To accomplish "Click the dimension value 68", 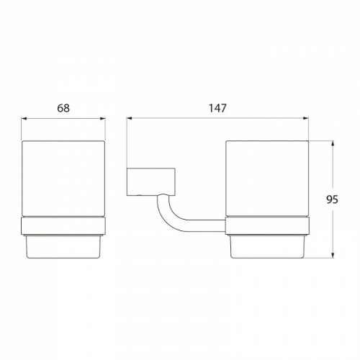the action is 63,108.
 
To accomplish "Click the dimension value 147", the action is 217,108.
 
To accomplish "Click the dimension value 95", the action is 332,199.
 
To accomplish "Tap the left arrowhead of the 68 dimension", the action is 24,118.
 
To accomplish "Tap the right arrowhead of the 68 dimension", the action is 103,118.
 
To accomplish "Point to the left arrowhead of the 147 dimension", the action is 130,118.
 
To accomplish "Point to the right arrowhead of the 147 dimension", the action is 306,118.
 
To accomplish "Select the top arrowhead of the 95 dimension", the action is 333,143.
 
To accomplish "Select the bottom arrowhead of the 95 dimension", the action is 333,256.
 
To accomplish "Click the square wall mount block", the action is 150,181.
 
